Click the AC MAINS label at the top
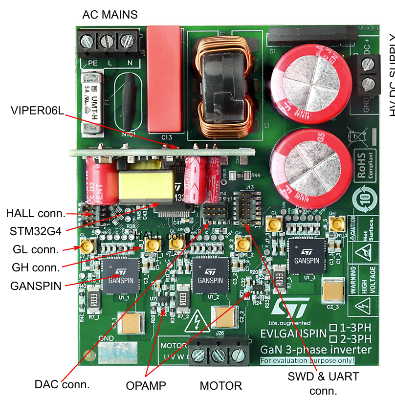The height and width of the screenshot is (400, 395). [x=110, y=15]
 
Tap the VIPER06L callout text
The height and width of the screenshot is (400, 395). [x=37, y=111]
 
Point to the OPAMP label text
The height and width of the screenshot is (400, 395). [x=146, y=386]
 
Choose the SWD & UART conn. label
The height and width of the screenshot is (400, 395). [x=323, y=383]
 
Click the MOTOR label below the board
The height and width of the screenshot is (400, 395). [x=220, y=386]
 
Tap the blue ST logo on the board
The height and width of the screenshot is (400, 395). [x=290, y=308]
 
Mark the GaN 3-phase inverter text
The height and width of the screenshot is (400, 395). [x=315, y=350]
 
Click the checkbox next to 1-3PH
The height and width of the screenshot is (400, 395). [x=334, y=328]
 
